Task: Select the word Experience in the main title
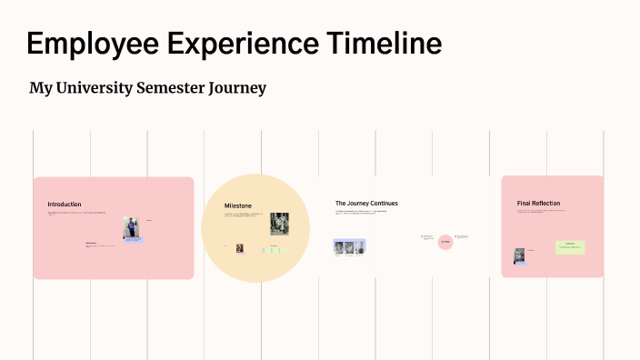[x=239, y=44]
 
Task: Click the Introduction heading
[x=65, y=205]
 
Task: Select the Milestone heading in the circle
[x=238, y=206]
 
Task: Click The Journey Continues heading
[x=366, y=204]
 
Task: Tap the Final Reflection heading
[x=538, y=204]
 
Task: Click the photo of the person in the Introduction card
[x=131, y=228]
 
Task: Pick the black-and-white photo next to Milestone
[x=279, y=224]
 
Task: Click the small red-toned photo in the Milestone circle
[x=240, y=248]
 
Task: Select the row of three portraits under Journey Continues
[x=349, y=246]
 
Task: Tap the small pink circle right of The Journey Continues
[x=445, y=242]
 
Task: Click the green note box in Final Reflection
[x=570, y=247]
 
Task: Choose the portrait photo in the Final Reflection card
[x=520, y=256]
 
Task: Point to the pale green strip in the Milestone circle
[x=275, y=249]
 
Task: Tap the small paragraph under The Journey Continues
[x=361, y=213]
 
